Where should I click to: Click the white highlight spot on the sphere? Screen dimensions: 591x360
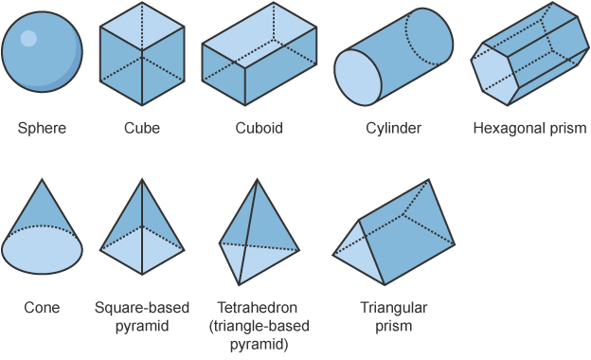pyautogui.click(x=28, y=39)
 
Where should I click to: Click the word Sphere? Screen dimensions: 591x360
pyautogui.click(x=42, y=128)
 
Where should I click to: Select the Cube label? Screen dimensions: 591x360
pyautogui.click(x=142, y=128)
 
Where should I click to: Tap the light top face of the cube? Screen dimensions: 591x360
pyautogui.click(x=142, y=27)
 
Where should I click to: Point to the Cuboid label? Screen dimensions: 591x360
pyautogui.click(x=259, y=128)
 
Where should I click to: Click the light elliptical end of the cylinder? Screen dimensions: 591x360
pyautogui.click(x=358, y=78)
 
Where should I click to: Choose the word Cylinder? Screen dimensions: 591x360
pyautogui.click(x=393, y=128)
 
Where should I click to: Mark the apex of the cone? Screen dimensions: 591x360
pyautogui.click(x=42, y=179)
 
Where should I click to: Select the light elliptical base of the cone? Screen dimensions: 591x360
pyautogui.click(x=42, y=250)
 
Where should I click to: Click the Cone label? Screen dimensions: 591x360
pyautogui.click(x=42, y=308)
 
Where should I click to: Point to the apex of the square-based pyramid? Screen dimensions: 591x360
pyautogui.click(x=142, y=179)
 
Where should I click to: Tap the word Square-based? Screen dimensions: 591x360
pyautogui.click(x=142, y=308)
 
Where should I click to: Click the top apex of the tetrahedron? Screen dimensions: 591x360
pyautogui.click(x=258, y=179)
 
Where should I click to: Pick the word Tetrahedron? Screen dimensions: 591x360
pyautogui.click(x=257, y=308)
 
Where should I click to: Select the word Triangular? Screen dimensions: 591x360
pyautogui.click(x=393, y=308)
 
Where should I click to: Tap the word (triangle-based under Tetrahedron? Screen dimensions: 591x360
pyautogui.click(x=260, y=326)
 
